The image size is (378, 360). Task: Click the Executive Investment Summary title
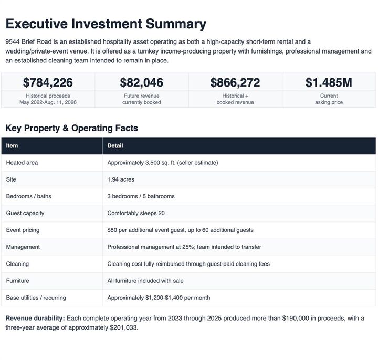click(106, 24)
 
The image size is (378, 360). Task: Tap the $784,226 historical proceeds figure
click(48, 82)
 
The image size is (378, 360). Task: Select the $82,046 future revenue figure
click(142, 82)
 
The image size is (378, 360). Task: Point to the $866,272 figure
click(235, 82)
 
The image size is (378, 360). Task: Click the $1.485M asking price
click(329, 82)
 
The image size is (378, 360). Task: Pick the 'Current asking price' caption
click(329, 99)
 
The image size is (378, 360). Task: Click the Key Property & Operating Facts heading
click(71, 128)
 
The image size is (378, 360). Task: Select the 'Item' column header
click(12, 146)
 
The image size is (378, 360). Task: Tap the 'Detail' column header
click(115, 146)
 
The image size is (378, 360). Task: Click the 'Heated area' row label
click(22, 163)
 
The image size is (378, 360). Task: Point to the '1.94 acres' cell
click(121, 179)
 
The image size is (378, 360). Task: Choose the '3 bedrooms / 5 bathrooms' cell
click(141, 196)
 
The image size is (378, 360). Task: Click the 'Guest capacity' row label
click(25, 213)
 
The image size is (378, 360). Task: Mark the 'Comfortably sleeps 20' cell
click(136, 213)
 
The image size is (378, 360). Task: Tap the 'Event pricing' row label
click(23, 230)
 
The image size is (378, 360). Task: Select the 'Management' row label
click(23, 247)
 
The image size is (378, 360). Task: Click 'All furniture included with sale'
click(145, 281)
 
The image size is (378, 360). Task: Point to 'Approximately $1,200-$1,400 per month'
click(159, 298)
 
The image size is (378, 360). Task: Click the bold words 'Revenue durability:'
click(35, 319)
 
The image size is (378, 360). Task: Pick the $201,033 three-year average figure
click(123, 327)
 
